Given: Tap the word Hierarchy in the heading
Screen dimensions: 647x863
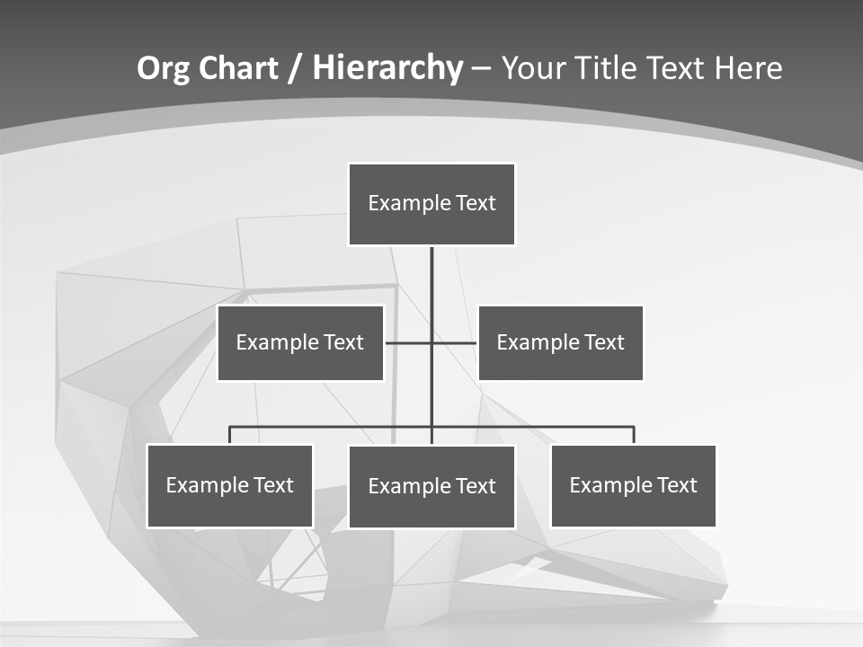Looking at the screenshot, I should [x=387, y=68].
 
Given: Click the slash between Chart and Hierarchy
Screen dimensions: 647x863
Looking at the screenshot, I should [x=296, y=68].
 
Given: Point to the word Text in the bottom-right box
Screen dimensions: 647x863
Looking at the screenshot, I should [x=676, y=485].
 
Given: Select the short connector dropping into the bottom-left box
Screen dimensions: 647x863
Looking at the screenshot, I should [x=230, y=435].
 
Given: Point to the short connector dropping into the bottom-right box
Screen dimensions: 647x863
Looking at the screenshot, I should [x=634, y=435].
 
